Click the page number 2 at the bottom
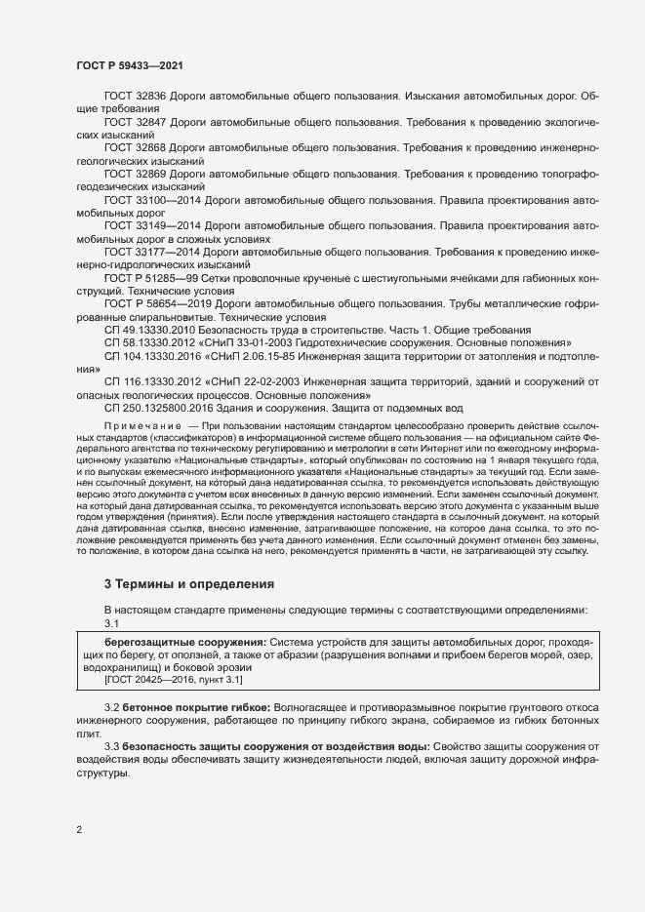[x=79, y=831]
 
